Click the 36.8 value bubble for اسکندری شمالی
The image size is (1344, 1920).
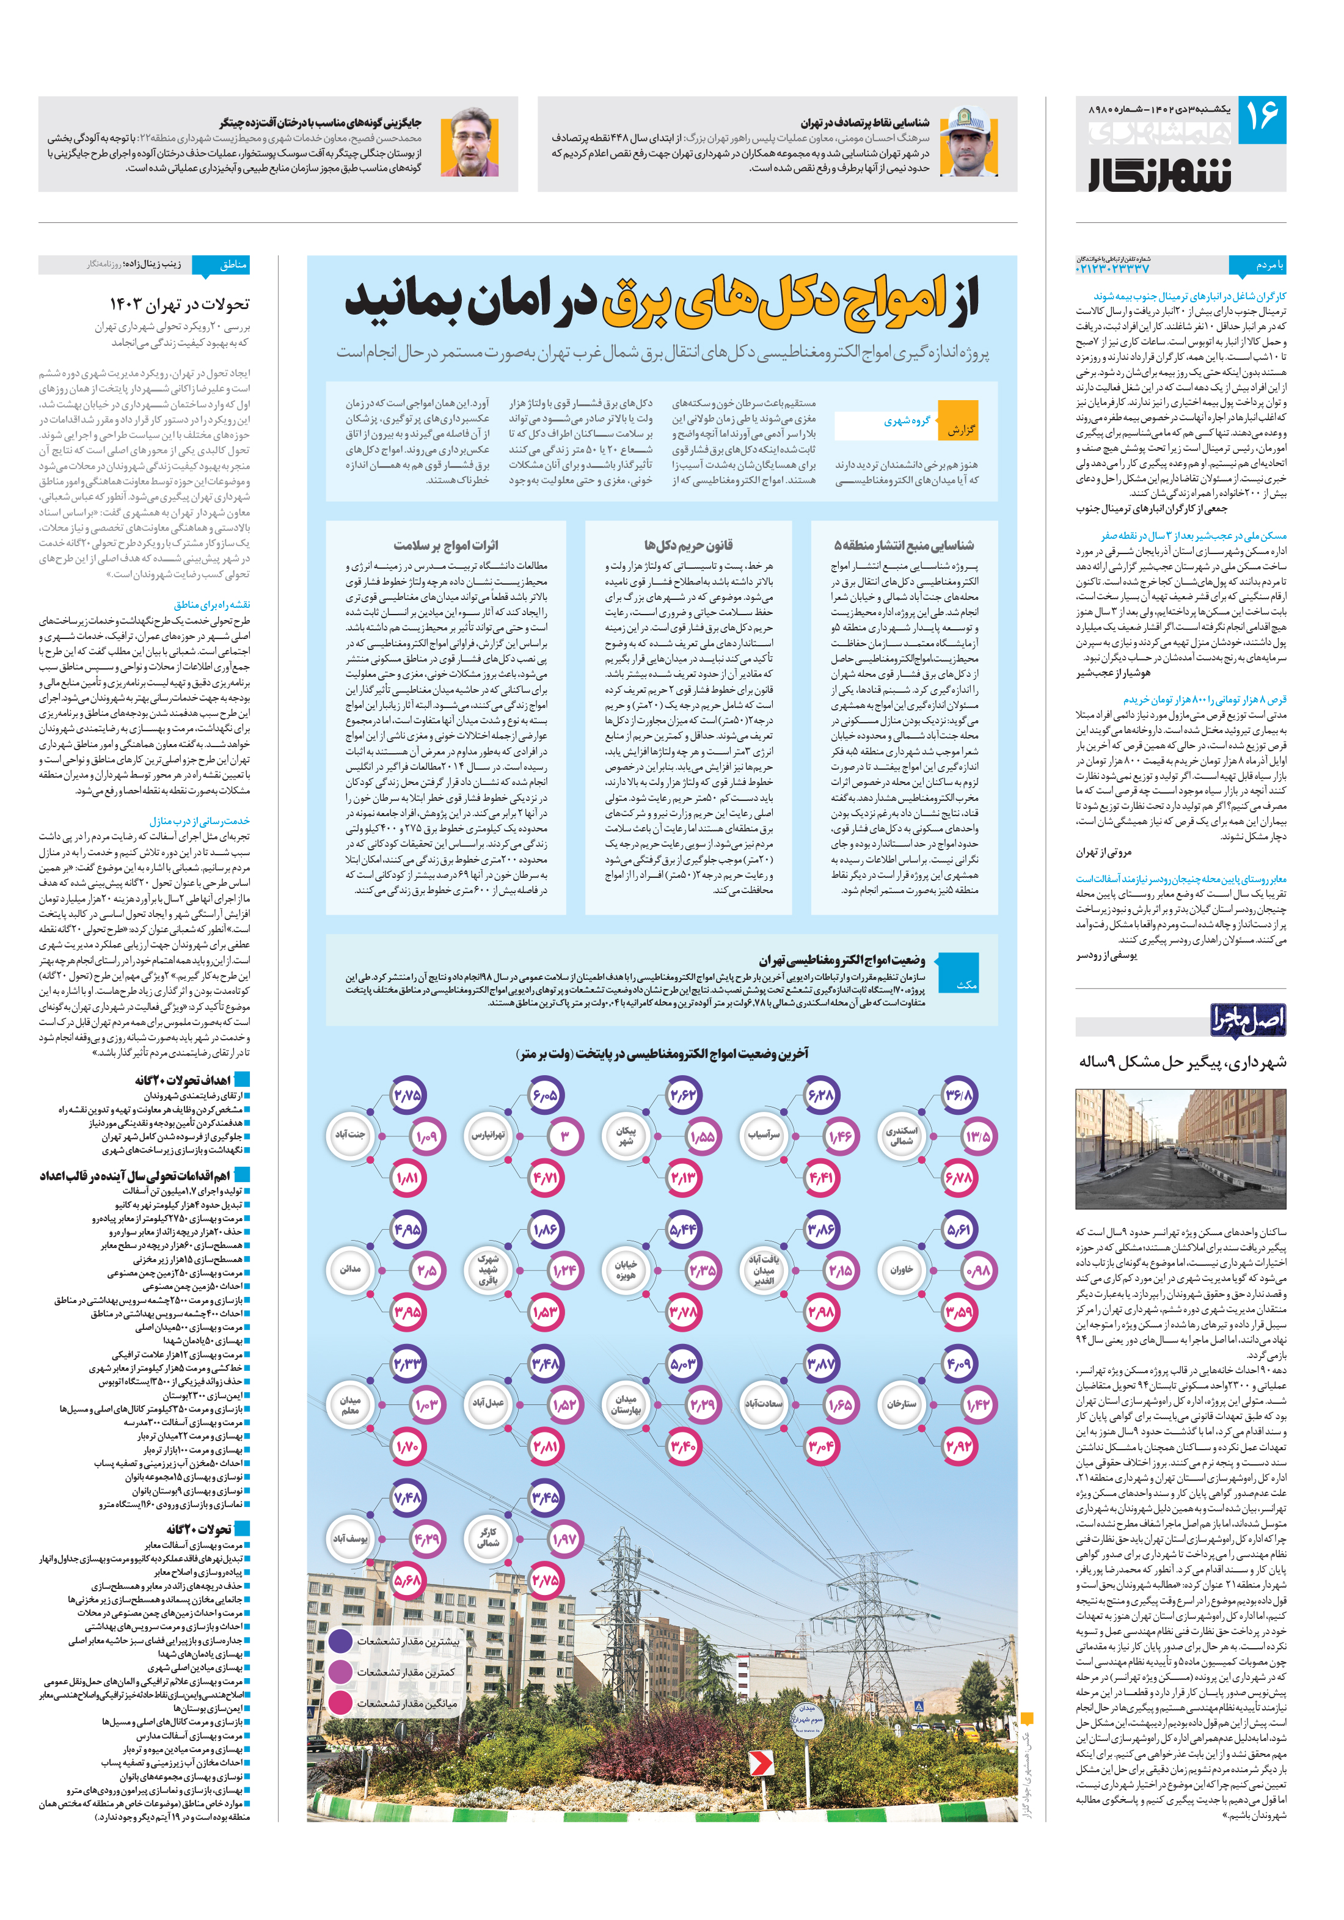click(x=958, y=1095)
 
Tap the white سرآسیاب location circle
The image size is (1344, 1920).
click(x=764, y=1136)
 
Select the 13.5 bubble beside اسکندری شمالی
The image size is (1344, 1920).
click(x=977, y=1136)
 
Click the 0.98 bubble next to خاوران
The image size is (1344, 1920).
click(x=977, y=1270)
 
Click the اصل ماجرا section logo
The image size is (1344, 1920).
click(x=1247, y=1020)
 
